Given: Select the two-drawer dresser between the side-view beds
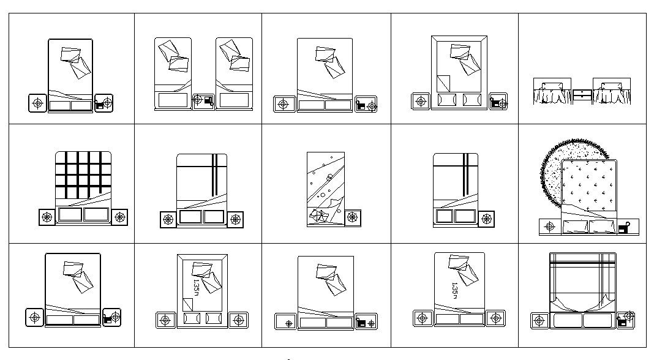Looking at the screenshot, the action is point(582,95).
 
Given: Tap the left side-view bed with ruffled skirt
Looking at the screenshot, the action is point(552,92).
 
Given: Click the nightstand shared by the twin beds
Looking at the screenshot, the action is point(203,101).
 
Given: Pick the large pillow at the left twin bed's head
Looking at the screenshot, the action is point(172,100).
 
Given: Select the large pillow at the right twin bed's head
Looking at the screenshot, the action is point(234,100).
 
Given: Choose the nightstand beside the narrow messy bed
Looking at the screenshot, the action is point(352,218).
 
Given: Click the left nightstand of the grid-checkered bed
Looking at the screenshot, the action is point(47,217).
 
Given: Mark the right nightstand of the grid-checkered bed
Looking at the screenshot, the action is point(119,217).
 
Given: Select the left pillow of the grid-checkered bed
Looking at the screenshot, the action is point(69,215).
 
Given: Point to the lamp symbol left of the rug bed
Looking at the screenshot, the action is point(549,227).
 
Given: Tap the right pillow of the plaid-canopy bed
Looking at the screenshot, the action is point(598,320).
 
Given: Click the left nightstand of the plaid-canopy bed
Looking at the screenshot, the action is point(539,320).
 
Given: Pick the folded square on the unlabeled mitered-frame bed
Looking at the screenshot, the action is point(443,83).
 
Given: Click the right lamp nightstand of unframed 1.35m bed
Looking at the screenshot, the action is point(495,318).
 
